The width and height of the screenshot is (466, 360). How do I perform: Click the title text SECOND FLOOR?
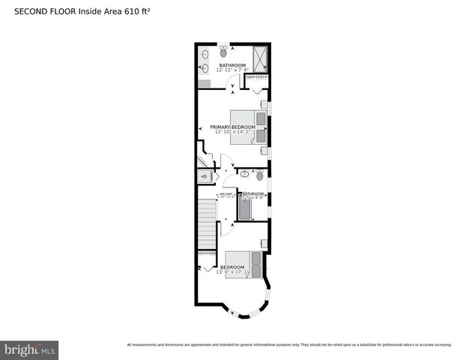(44, 12)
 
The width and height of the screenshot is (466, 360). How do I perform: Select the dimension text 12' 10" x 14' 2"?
(234, 132)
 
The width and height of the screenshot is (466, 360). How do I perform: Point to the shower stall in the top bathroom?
(259, 58)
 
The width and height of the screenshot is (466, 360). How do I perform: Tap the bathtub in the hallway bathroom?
(245, 205)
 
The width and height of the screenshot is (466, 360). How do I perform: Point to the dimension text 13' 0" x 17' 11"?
(232, 272)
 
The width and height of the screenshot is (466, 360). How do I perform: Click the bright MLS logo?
(29, 349)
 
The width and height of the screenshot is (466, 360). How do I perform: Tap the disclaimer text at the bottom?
(288, 344)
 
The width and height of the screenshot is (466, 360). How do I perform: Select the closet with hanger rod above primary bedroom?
(257, 78)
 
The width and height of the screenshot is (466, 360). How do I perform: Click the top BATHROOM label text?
(232, 65)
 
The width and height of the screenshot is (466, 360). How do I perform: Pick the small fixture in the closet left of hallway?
(205, 176)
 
